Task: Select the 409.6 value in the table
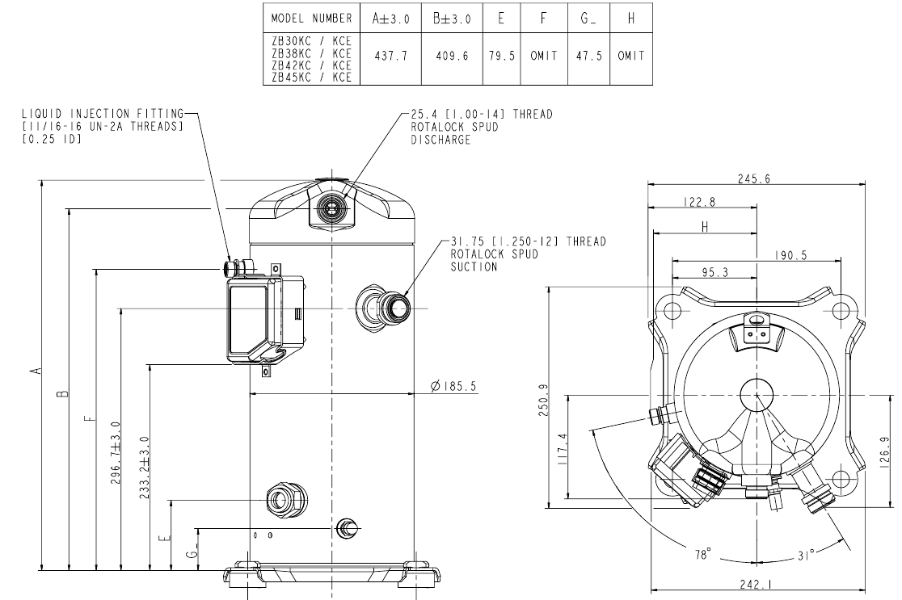tap(452, 59)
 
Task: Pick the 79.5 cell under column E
tap(502, 59)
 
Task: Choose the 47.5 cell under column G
tap(587, 59)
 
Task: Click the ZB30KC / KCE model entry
tap(311, 39)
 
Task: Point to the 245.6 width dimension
tap(752, 179)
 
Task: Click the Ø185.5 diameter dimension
tap(454, 388)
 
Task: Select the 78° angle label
tap(704, 555)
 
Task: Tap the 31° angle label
tap(806, 554)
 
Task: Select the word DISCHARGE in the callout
tap(440, 140)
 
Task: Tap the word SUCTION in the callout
tap(474, 266)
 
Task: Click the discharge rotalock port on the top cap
tap(330, 208)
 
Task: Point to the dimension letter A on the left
tap(34, 371)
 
